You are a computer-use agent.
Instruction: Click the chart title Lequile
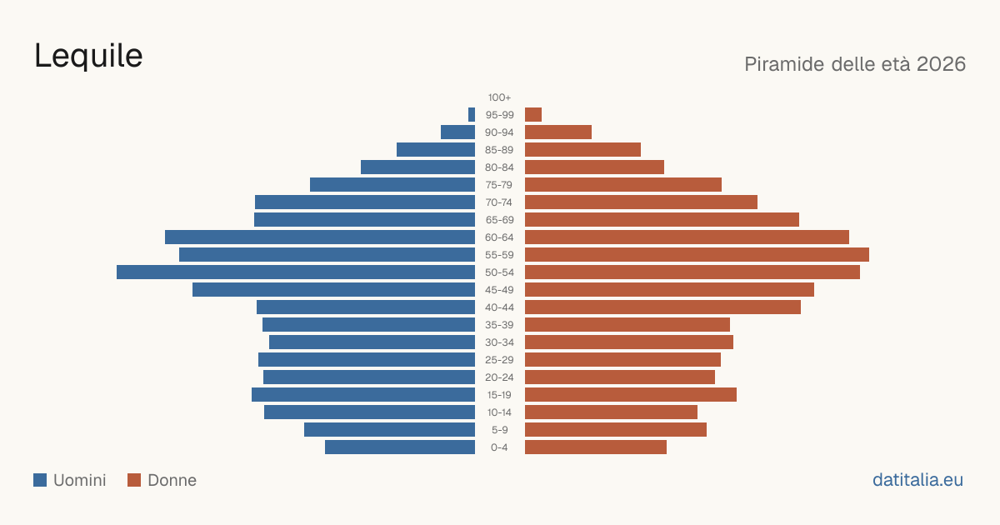point(88,56)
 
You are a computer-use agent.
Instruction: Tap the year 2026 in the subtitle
point(941,64)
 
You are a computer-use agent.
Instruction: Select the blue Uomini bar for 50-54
point(296,272)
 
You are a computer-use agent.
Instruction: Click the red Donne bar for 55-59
point(697,255)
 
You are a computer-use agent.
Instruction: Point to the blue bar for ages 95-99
point(472,115)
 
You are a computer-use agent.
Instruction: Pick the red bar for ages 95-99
point(533,115)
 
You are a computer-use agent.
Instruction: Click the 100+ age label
point(499,97)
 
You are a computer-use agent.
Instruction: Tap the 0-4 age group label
point(499,447)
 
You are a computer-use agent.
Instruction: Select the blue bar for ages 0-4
point(400,447)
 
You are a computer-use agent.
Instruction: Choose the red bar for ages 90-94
point(558,132)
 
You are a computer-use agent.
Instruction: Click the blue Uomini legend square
point(40,480)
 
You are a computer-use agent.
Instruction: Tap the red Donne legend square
point(134,480)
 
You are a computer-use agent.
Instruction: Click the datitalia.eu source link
point(917,480)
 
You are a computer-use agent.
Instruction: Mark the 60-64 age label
point(499,237)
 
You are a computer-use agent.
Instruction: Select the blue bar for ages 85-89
point(436,149)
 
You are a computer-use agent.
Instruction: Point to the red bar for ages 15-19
point(631,395)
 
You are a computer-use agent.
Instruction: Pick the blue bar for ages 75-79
point(392,185)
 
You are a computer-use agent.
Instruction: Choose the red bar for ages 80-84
point(595,167)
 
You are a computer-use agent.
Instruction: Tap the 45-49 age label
point(499,290)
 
